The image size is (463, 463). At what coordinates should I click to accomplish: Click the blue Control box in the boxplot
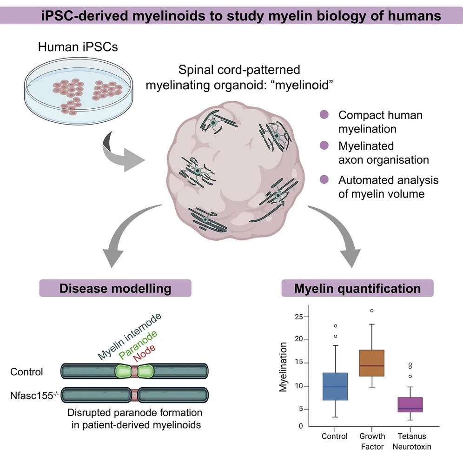tap(335, 386)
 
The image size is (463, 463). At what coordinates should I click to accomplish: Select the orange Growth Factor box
tap(372, 363)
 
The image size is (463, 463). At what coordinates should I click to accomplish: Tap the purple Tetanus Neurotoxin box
tap(410, 404)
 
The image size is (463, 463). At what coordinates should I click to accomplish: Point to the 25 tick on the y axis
tap(306, 317)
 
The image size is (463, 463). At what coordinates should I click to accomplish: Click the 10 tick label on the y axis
tap(299, 386)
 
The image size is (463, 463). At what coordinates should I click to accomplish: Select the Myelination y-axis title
tap(283, 367)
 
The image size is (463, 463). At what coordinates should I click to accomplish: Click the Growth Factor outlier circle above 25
tap(372, 311)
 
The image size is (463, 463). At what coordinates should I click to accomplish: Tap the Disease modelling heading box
tap(115, 288)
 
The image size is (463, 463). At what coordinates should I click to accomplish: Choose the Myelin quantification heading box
tap(357, 288)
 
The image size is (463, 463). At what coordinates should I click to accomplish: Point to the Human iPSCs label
tap(78, 47)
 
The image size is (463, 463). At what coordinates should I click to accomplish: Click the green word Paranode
tap(138, 344)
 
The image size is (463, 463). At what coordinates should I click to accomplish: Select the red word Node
tap(144, 353)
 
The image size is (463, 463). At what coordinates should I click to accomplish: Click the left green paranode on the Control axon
tap(123, 371)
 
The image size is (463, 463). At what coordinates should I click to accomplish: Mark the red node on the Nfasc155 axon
tap(134, 395)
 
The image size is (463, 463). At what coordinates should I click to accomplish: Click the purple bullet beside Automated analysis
tap(324, 179)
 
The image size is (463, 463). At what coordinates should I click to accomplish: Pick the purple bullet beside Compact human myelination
tap(324, 114)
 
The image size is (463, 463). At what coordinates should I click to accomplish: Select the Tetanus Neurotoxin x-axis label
tap(411, 441)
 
